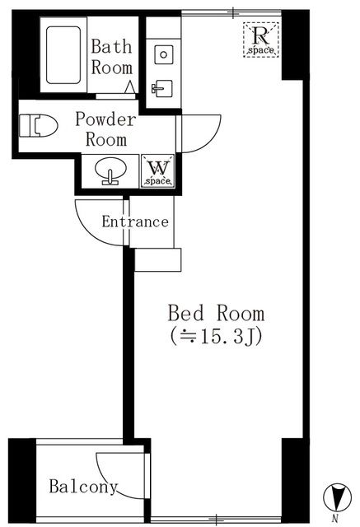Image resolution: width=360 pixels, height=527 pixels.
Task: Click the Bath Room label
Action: (x=111, y=56)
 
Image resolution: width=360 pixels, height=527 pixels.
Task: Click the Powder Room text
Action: (x=105, y=128)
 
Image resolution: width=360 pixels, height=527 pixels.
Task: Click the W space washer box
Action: (x=157, y=171)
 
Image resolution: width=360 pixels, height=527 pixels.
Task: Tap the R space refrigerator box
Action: (x=262, y=40)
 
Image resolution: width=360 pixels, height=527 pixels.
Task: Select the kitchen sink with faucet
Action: (x=162, y=87)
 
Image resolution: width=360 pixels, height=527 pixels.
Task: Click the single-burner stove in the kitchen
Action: (x=163, y=54)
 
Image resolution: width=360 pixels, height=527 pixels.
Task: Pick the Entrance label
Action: (x=135, y=222)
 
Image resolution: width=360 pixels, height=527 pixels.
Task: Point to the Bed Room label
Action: (x=216, y=314)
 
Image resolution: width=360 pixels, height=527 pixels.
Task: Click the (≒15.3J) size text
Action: (x=216, y=337)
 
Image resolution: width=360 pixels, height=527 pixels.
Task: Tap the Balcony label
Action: (x=82, y=486)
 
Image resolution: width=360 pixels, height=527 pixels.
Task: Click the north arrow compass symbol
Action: (x=334, y=498)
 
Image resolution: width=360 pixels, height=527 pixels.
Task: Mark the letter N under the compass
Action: (x=334, y=519)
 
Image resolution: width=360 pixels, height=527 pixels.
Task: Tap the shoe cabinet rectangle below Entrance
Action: (x=157, y=259)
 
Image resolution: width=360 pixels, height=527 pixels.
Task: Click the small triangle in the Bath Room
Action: (x=131, y=86)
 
